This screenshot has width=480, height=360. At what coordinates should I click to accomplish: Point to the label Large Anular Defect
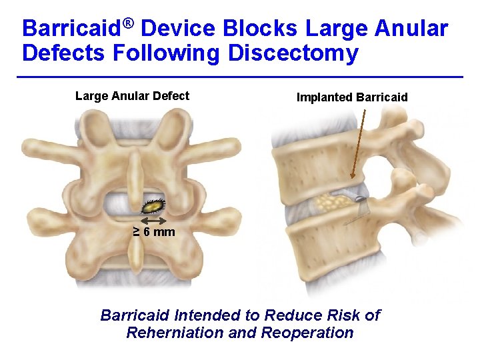tap(132, 96)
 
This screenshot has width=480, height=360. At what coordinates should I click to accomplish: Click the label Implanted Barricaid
tap(351, 97)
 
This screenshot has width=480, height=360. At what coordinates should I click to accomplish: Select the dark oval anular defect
tap(159, 205)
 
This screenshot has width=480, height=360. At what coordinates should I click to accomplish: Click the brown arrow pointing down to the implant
tap(359, 144)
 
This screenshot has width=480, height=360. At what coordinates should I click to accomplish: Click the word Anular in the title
tap(409, 29)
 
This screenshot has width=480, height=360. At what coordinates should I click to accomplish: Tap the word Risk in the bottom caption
tap(345, 315)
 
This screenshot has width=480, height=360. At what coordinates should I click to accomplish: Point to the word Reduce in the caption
tap(291, 315)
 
